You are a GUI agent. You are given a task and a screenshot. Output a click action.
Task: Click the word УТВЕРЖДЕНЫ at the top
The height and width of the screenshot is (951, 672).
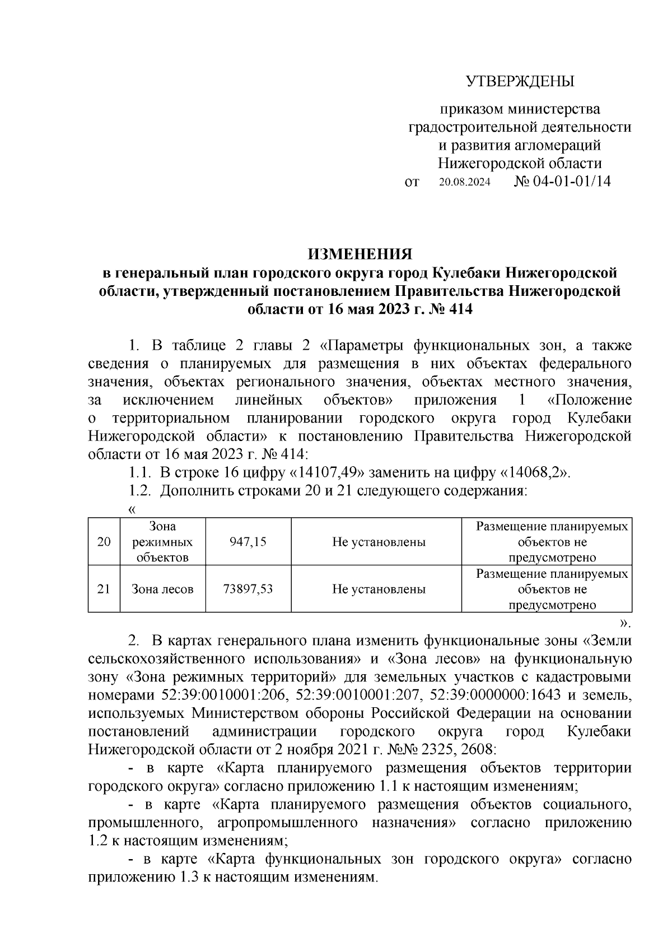click(x=520, y=82)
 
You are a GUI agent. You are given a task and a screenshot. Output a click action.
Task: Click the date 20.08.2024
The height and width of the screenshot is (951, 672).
click(x=464, y=183)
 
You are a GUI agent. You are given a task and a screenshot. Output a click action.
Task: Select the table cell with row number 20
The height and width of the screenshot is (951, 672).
click(x=104, y=542)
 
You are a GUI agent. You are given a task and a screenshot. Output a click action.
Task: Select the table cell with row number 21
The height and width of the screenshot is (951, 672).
click(x=104, y=589)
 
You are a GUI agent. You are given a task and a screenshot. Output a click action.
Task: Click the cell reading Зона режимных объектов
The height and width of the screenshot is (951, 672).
click(x=163, y=542)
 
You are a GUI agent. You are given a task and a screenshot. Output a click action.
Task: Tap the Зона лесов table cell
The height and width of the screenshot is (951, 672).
click(x=163, y=589)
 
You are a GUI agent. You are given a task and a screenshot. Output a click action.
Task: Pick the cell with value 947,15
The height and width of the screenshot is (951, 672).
click(x=248, y=542)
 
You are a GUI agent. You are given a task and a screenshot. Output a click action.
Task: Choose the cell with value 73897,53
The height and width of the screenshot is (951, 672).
click(x=248, y=589)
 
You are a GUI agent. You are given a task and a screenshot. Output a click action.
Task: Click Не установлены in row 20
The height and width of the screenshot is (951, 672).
click(x=379, y=542)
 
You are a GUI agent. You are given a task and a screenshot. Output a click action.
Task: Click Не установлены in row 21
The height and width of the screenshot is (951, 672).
click(x=379, y=589)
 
